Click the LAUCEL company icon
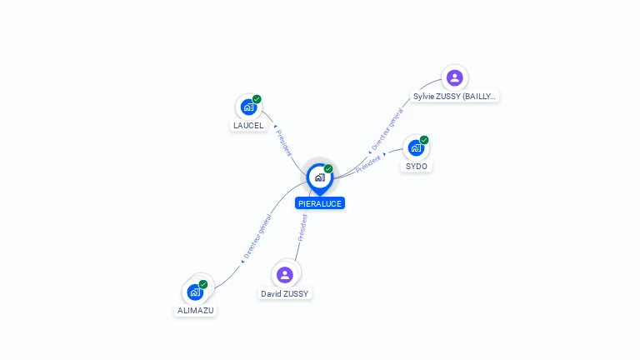[248, 107]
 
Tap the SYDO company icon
[416, 148]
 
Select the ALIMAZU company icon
[195, 292]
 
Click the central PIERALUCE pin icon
[319, 177]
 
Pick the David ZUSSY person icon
[285, 275]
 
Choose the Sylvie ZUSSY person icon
[454, 78]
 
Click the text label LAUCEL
[248, 126]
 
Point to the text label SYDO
[416, 167]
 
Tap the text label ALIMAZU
[196, 311]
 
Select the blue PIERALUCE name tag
[319, 203]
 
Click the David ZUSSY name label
[285, 294]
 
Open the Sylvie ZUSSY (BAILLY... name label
[455, 97]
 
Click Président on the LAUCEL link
[284, 142]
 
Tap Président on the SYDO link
[368, 162]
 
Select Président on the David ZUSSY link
[302, 227]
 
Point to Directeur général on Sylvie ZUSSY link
[387, 129]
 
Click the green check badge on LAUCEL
[257, 99]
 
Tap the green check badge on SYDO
[424, 140]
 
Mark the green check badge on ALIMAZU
[203, 284]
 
